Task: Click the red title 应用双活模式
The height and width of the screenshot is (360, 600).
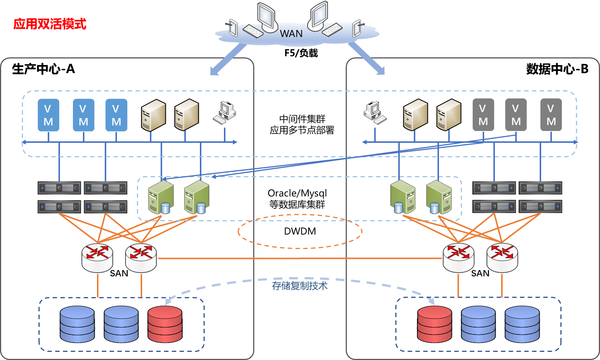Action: (x=50, y=24)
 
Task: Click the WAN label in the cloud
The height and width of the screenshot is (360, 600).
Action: (x=291, y=34)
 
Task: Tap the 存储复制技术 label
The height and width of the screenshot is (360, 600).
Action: (x=299, y=286)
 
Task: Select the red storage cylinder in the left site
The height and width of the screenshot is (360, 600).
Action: (x=165, y=324)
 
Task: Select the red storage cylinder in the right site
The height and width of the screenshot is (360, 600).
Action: (x=435, y=324)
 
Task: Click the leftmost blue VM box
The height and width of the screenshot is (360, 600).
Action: (x=48, y=115)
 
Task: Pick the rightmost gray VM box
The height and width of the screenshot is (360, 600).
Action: (x=551, y=115)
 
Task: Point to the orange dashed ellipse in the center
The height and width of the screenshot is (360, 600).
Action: (x=300, y=231)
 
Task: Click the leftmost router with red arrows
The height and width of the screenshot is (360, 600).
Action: (x=97, y=258)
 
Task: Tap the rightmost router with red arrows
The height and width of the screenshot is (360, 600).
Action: (x=502, y=258)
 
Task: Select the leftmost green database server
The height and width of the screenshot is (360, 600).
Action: (x=161, y=198)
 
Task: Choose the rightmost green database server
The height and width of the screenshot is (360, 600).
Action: (x=439, y=198)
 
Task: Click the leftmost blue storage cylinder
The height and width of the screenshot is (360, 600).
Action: (x=77, y=324)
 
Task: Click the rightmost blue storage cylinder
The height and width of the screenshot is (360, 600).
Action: (x=522, y=324)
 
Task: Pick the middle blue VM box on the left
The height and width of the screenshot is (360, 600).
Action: (x=84, y=115)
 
